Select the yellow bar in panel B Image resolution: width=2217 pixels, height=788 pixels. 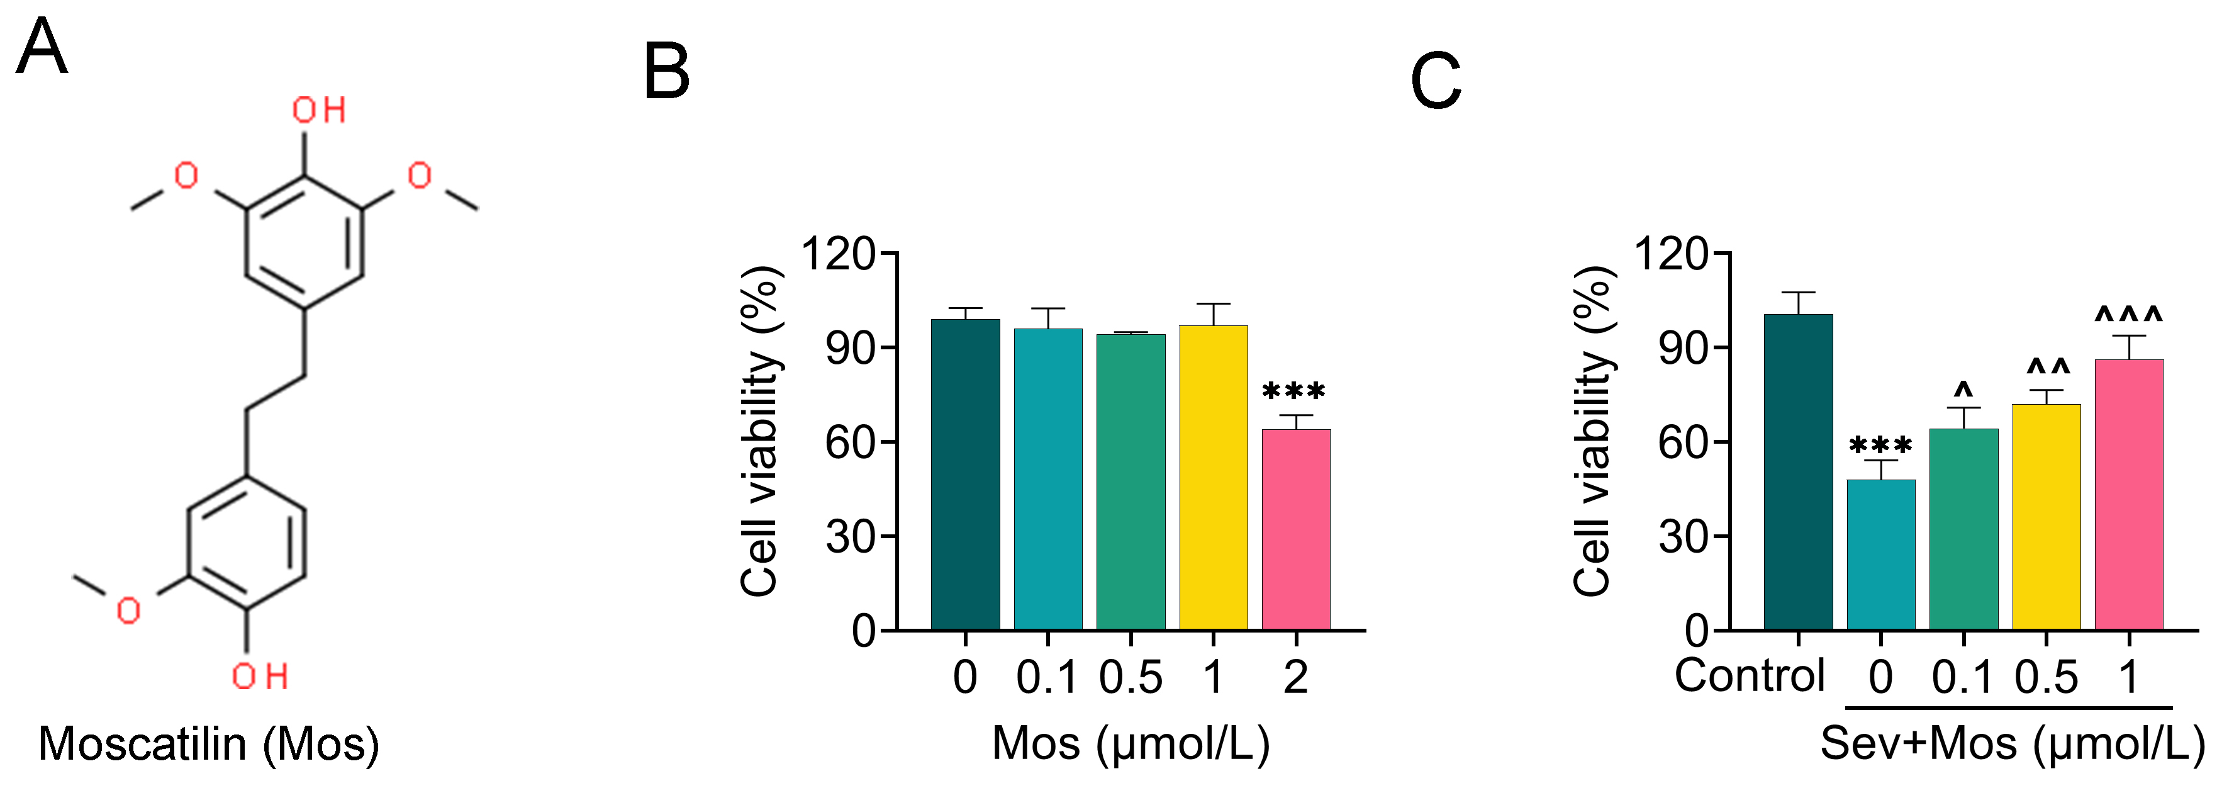(x=1213, y=477)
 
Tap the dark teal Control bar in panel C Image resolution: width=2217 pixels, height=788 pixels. (x=1798, y=472)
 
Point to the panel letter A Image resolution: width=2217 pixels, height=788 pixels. (x=42, y=48)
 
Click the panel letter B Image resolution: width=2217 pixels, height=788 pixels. (x=666, y=72)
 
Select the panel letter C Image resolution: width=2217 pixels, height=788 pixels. (x=1436, y=81)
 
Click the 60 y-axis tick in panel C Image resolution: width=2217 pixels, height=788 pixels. (x=1682, y=442)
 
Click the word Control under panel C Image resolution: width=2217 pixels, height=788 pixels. (x=1749, y=676)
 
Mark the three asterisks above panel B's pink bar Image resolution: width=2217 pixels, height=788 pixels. (x=1293, y=393)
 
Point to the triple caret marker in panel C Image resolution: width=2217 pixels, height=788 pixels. (x=2128, y=316)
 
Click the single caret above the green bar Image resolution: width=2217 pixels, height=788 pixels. (x=1963, y=388)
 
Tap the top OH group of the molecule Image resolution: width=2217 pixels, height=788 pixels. (x=318, y=110)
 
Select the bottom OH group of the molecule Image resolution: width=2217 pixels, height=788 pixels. (x=259, y=677)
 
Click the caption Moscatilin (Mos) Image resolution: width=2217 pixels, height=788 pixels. (x=208, y=744)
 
